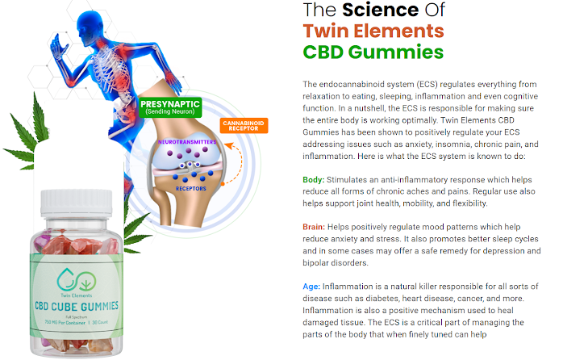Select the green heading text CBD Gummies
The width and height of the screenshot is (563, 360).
[x=373, y=52]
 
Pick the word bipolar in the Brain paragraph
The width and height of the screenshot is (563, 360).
[x=319, y=262]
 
